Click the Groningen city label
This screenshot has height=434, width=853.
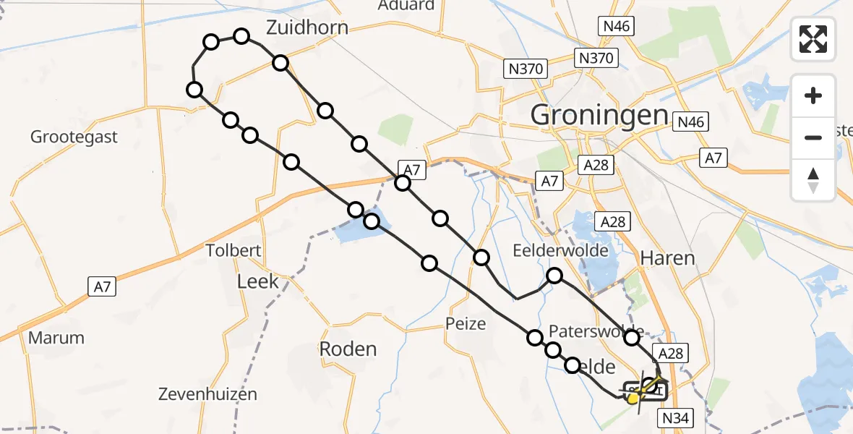pyautogui.click(x=599, y=115)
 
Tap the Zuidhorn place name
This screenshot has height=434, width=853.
pyautogui.click(x=307, y=27)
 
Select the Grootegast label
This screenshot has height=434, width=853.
pyautogui.click(x=74, y=137)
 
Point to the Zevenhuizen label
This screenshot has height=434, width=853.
pyautogui.click(x=207, y=395)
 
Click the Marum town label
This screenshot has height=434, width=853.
pyautogui.click(x=56, y=338)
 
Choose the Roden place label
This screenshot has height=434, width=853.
pyautogui.click(x=348, y=349)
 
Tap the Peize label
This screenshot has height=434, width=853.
pyautogui.click(x=466, y=323)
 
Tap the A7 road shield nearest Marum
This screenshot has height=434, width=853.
pyautogui.click(x=102, y=286)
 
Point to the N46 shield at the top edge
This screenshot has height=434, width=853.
pyautogui.click(x=617, y=27)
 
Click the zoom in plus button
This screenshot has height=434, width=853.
pyautogui.click(x=813, y=95)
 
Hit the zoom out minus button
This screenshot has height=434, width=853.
pyautogui.click(x=813, y=137)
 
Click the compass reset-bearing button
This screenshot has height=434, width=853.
pyautogui.click(x=813, y=179)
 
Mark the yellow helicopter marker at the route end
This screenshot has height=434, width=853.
pyautogui.click(x=634, y=397)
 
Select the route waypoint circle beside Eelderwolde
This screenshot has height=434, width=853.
pyautogui.click(x=554, y=276)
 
